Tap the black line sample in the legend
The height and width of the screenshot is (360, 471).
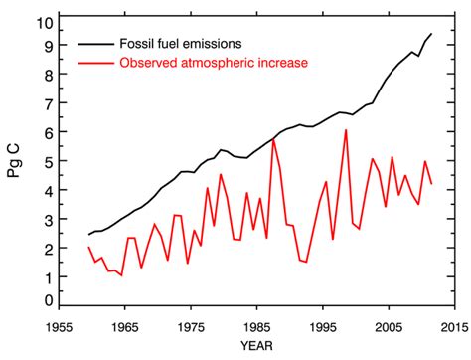pyautogui.click(x=97, y=43)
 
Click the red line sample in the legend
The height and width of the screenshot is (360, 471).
pyautogui.click(x=97, y=62)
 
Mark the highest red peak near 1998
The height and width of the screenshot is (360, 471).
pyautogui.click(x=345, y=130)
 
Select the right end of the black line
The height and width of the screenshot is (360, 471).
pyautogui.click(x=431, y=34)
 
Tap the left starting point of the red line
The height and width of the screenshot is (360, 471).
pyautogui.click(x=88, y=247)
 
